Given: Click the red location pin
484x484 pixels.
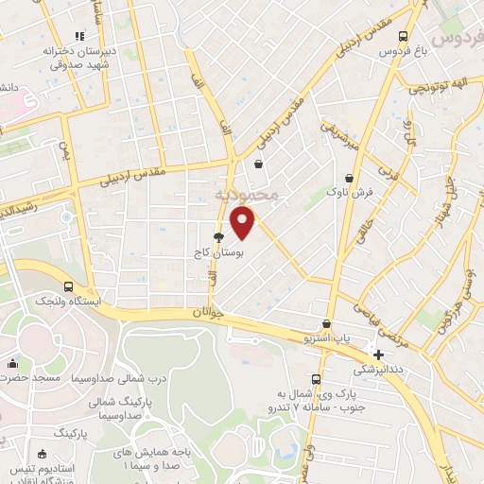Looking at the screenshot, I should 244,221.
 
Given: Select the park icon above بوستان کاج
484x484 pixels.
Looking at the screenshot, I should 219,238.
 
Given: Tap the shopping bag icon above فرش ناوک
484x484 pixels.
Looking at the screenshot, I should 351,177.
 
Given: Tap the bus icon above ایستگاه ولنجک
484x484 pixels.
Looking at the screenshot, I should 68,286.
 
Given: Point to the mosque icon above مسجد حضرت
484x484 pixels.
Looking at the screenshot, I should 12,363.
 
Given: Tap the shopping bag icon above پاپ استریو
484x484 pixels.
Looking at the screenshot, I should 326,323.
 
